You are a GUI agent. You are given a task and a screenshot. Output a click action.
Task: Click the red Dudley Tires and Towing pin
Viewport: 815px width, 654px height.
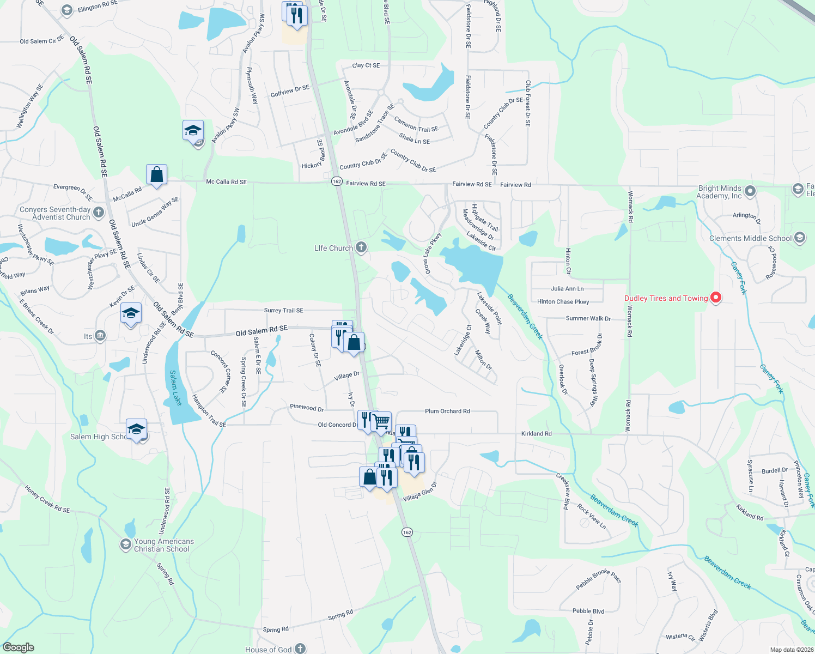click(x=716, y=298)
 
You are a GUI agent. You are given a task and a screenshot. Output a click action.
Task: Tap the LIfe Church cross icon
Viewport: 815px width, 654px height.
click(x=361, y=247)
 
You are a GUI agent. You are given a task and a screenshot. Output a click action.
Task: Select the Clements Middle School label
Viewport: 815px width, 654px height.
click(x=750, y=238)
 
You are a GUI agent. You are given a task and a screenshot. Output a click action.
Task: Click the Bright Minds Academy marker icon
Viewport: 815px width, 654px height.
click(x=750, y=191)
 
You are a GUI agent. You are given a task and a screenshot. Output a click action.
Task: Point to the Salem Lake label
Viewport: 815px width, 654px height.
click(x=175, y=388)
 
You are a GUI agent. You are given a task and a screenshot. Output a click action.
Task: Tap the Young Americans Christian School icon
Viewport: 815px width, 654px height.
click(x=126, y=544)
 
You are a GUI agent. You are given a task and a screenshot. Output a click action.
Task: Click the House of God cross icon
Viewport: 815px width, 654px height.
click(x=300, y=649)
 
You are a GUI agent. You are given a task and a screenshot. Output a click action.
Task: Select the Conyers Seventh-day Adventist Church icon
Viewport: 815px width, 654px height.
click(x=99, y=212)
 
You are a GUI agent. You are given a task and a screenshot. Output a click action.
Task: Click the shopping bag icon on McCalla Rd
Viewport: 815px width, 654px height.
click(x=156, y=175)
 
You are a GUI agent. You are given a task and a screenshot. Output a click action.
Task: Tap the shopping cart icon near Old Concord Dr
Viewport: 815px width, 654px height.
click(x=381, y=421)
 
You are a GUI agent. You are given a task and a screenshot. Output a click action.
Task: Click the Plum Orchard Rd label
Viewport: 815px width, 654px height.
click(x=447, y=411)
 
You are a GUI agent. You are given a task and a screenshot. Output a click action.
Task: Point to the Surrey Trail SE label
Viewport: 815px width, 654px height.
click(x=283, y=310)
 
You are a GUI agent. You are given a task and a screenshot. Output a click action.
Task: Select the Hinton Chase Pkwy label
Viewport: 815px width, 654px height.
click(x=563, y=301)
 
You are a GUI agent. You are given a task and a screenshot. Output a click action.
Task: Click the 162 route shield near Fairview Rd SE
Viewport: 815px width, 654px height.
click(x=337, y=181)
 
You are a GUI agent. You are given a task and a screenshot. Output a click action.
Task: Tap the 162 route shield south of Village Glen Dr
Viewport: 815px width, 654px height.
click(x=407, y=532)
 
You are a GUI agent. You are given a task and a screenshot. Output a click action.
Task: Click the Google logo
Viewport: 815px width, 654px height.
click(x=18, y=647)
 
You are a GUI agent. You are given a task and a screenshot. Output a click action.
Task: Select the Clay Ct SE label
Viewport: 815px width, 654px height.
click(x=366, y=65)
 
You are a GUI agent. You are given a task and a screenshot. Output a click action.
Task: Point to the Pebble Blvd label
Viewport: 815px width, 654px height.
click(x=588, y=611)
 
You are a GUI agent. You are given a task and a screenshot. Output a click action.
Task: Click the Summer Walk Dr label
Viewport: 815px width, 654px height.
click(x=588, y=318)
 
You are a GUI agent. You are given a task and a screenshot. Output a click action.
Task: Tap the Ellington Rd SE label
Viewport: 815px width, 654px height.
click(x=98, y=7)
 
